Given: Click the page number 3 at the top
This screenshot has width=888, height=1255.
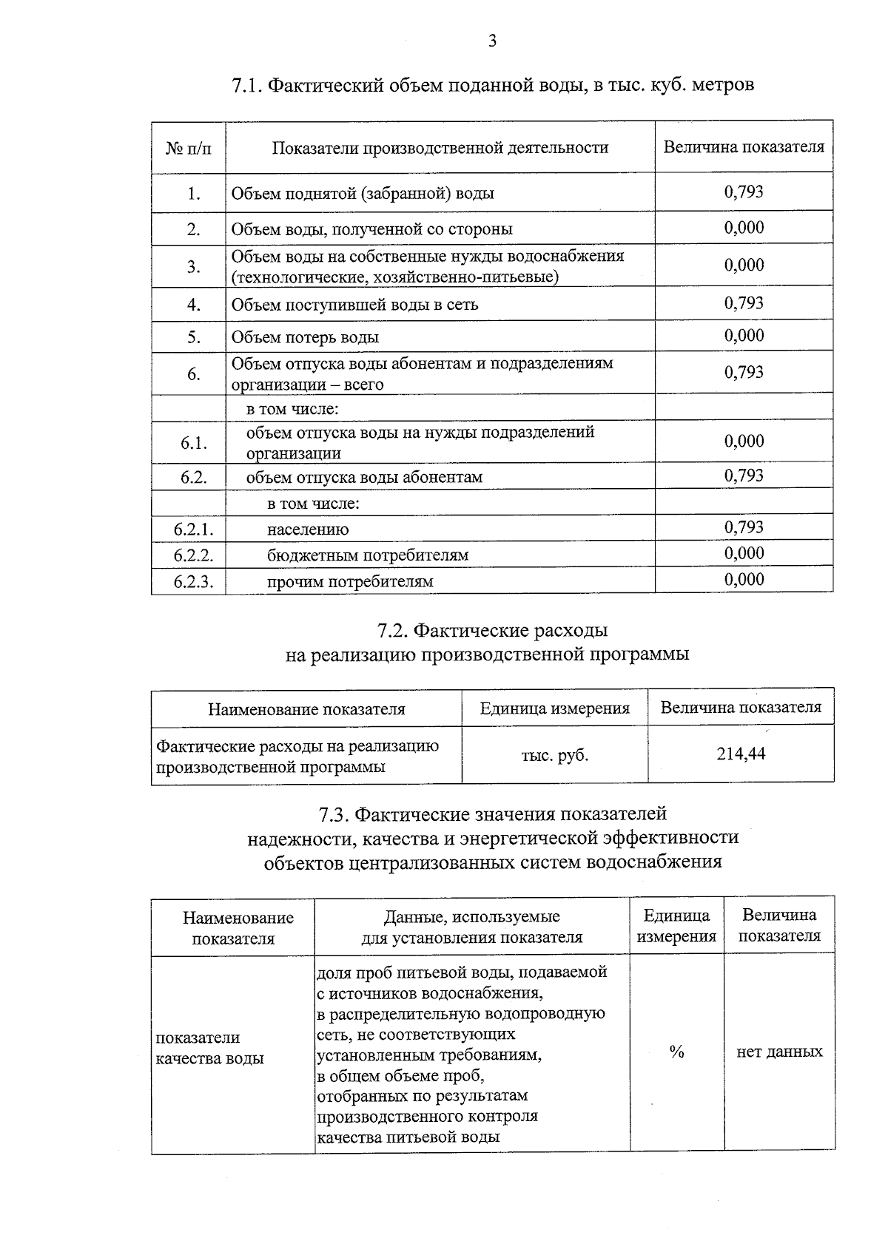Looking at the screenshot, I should [x=492, y=41].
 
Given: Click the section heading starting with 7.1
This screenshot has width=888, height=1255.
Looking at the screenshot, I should [x=493, y=85].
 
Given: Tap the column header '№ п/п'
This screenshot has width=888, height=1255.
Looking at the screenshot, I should [x=189, y=148].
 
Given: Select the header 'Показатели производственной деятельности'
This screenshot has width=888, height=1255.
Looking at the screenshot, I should [x=440, y=148].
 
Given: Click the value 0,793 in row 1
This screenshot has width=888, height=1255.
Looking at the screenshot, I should [x=744, y=192].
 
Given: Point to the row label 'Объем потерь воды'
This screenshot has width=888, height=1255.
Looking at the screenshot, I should [x=305, y=337].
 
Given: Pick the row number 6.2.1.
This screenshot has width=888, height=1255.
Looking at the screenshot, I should [x=193, y=529].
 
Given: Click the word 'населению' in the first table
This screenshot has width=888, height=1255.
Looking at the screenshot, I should [x=308, y=530].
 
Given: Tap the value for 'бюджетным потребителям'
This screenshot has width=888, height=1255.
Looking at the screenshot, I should [x=744, y=553].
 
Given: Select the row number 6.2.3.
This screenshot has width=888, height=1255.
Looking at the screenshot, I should [x=193, y=582].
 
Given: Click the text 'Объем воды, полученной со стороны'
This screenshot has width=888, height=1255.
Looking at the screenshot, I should [x=371, y=229].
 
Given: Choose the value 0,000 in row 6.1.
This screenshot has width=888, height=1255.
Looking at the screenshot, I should [x=744, y=442].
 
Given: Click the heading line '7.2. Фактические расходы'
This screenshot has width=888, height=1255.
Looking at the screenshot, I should [x=493, y=631].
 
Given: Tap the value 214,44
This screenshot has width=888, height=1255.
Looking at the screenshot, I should [x=741, y=754].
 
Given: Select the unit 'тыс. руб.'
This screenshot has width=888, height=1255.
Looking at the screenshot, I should [x=555, y=756].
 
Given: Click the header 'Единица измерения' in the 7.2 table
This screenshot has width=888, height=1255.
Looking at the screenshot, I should [x=555, y=708].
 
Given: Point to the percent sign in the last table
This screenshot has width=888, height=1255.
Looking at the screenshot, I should [x=676, y=1052].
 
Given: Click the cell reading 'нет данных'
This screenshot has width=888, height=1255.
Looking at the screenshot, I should [x=779, y=1052].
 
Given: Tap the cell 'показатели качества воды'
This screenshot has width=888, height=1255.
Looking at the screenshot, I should [x=209, y=1048].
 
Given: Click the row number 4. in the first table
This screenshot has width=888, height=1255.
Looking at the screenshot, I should [x=194, y=305].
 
